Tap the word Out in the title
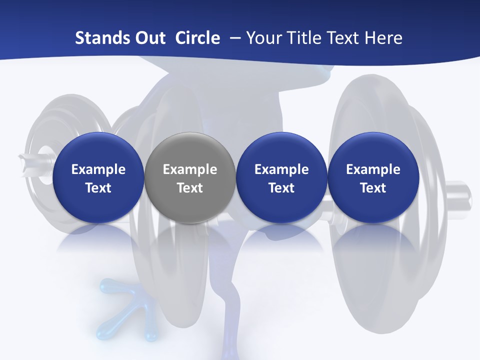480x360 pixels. pos(148,38)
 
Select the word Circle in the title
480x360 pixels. pos(197,38)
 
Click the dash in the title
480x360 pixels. pos(233,38)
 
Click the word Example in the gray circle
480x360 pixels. pos(190,169)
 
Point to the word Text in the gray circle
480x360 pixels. pos(190,188)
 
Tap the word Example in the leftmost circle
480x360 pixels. pos(98,169)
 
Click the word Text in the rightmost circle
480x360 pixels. pos(373,188)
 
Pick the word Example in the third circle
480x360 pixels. pos(281,169)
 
